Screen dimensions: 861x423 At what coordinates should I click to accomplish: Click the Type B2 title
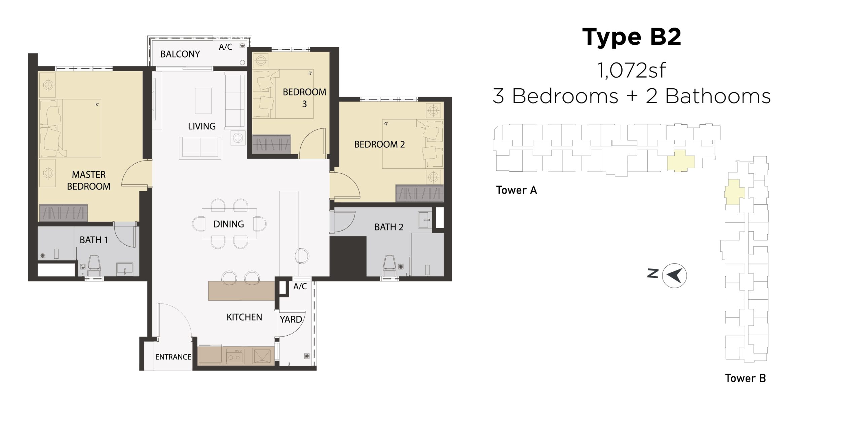coord(632,37)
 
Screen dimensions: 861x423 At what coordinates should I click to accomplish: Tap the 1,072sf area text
coord(631,71)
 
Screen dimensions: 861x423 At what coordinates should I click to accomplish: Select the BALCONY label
coord(180,54)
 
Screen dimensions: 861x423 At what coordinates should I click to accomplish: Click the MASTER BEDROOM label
coord(89,180)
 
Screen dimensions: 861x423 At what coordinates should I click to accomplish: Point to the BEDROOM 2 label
coord(379,144)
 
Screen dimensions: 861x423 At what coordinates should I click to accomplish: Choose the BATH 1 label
coord(93,240)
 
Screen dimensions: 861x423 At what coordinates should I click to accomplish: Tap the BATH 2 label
coord(389,227)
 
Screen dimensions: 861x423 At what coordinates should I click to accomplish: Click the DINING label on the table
coord(229,224)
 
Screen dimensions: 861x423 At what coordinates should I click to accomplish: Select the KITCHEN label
coord(244,317)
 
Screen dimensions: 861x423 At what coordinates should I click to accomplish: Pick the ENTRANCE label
coord(173,357)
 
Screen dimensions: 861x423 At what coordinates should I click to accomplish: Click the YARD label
coord(291,320)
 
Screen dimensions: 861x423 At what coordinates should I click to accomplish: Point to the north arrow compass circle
coord(674,275)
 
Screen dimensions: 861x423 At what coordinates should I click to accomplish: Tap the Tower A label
coord(516,190)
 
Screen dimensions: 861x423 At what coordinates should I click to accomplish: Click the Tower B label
coord(745,378)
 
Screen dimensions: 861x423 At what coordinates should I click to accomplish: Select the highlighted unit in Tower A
coord(680,161)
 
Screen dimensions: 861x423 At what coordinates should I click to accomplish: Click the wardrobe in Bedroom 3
coord(271,144)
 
